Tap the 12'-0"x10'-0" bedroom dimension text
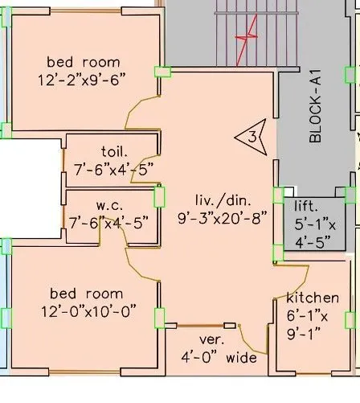(86, 310)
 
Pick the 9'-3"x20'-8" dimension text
(224, 216)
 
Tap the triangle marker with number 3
(250, 138)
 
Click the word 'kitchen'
(313, 298)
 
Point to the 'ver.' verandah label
(211, 339)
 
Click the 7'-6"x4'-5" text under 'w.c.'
(108, 223)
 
